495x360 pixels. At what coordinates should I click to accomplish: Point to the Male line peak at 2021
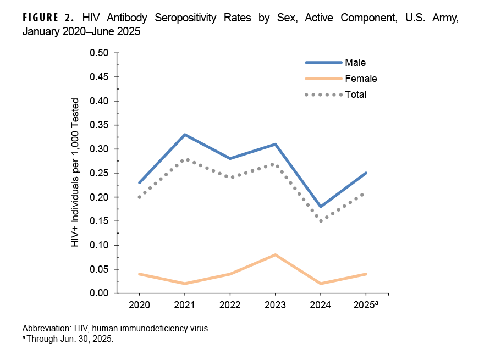[x=184, y=135]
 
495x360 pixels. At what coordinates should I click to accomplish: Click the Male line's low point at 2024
[x=321, y=207]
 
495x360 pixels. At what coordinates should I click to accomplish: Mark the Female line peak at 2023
[x=275, y=254]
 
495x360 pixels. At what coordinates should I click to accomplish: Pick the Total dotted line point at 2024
[x=321, y=221]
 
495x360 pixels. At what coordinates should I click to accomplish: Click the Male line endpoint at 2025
[x=366, y=173]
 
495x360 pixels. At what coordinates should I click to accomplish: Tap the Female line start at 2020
[x=139, y=274]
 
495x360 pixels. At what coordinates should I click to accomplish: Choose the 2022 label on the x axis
[x=230, y=304]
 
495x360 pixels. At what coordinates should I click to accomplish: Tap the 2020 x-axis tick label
[x=139, y=304]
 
